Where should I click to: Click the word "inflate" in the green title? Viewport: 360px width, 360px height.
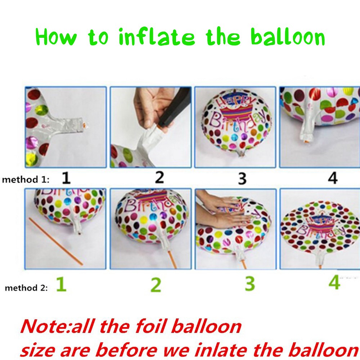(x=157, y=37)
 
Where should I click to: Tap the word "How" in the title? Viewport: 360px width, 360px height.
(x=56, y=37)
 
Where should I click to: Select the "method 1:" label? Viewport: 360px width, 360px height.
(x=26, y=180)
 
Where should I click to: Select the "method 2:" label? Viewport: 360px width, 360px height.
(x=26, y=288)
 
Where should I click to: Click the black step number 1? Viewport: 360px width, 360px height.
(x=66, y=178)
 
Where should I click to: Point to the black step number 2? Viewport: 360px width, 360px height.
(x=159, y=177)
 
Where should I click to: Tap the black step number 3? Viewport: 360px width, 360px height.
(x=242, y=179)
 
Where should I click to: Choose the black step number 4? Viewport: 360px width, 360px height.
(x=333, y=178)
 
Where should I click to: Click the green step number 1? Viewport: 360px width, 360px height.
(x=62, y=284)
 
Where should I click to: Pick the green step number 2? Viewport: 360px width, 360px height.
(x=156, y=285)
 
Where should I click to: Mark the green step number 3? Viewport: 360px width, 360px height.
(x=250, y=284)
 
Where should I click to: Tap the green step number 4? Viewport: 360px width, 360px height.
(x=334, y=282)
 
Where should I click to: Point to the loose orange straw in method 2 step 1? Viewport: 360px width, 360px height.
(x=55, y=241)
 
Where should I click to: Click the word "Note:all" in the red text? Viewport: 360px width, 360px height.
(x=57, y=326)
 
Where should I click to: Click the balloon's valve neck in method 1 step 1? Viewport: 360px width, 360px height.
(x=69, y=125)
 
